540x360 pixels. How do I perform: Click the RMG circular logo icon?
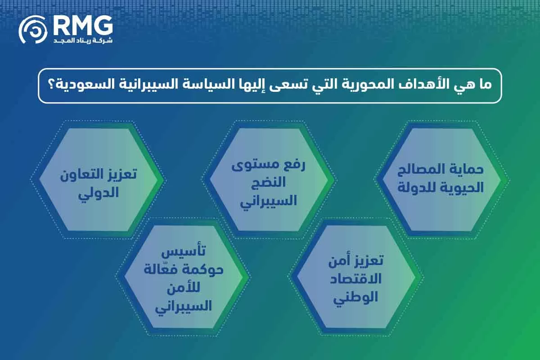coord(33,30)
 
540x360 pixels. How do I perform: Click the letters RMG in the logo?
coord(82,26)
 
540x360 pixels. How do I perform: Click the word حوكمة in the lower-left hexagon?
coord(207,271)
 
